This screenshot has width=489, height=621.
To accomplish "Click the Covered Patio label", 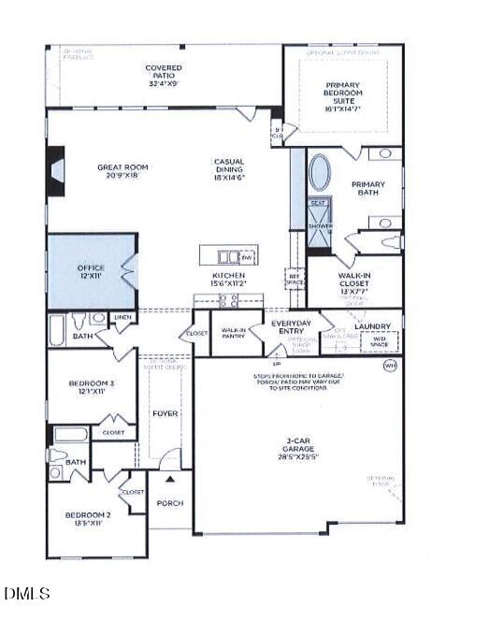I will click(164, 74).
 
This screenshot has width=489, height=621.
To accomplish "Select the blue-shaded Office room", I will click(90, 272).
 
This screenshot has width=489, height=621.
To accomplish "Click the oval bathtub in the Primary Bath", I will click(319, 173).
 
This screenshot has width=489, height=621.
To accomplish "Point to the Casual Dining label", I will click(229, 168).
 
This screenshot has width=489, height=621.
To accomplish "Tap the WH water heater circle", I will click(390, 366).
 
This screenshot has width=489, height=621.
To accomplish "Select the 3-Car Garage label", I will click(299, 448).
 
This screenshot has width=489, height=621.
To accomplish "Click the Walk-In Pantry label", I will click(233, 333).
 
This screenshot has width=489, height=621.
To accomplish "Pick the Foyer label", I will click(165, 412).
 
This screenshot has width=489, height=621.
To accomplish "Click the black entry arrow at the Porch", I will click(169, 479).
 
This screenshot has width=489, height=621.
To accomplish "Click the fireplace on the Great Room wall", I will click(55, 172).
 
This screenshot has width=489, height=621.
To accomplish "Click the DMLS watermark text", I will click(27, 593).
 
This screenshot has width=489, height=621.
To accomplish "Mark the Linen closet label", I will click(123, 318).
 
